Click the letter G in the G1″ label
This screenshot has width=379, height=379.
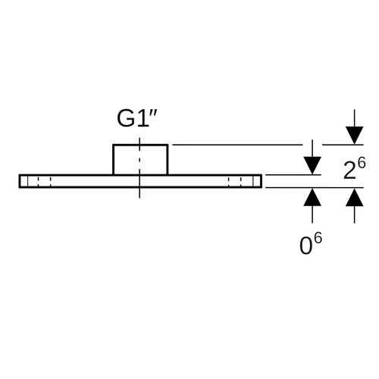pyautogui.click(x=126, y=119)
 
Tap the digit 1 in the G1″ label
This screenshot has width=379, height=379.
pyautogui.click(x=143, y=119)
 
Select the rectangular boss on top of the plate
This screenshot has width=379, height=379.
pyautogui.click(x=140, y=159)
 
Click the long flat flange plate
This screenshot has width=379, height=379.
pyautogui.click(x=140, y=181)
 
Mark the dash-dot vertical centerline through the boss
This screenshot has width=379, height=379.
pyautogui.click(x=139, y=168)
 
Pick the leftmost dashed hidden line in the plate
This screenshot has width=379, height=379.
pyautogui.click(x=39, y=181)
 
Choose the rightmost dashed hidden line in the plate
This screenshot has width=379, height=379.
pyautogui.click(x=241, y=181)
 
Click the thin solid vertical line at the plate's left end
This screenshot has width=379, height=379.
pyautogui.click(x=27, y=181)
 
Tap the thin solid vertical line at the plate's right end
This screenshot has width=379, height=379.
pyautogui.click(x=253, y=181)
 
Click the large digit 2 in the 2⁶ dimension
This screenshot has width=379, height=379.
pyautogui.click(x=349, y=171)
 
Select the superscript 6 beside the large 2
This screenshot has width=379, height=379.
pyautogui.click(x=362, y=163)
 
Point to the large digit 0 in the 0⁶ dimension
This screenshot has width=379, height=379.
pyautogui.click(x=305, y=246)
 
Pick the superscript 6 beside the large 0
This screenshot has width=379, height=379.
pyautogui.click(x=318, y=238)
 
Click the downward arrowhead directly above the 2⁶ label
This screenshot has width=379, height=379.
pyautogui.click(x=355, y=136)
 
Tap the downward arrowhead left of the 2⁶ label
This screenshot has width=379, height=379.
pyautogui.click(x=312, y=165)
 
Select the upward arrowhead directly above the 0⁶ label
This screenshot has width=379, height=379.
pyautogui.click(x=312, y=197)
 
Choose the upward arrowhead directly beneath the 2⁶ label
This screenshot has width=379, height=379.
pyautogui.click(x=355, y=197)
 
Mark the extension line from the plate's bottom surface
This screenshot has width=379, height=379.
pyautogui.click(x=315, y=188)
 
